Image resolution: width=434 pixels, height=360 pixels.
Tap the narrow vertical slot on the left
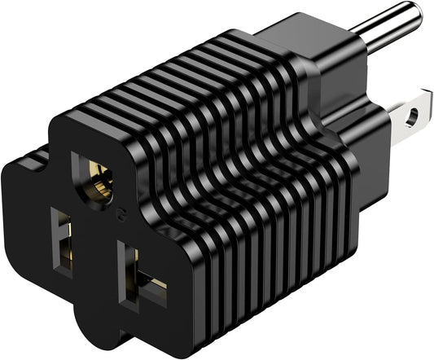[x=63, y=237]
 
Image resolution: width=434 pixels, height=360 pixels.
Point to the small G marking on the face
[x=121, y=214]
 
